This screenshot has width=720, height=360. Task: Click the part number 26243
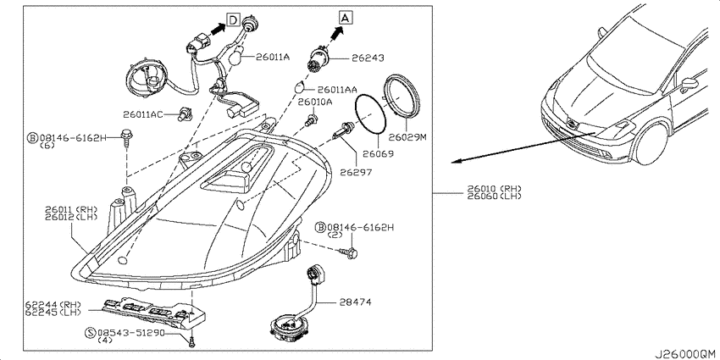368,58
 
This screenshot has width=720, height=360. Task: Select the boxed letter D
233,19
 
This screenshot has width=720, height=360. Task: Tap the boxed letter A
346,18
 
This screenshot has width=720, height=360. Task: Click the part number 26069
378,154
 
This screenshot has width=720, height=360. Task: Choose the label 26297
356,173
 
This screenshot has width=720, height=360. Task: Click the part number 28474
356,302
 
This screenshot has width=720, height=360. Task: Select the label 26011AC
143,114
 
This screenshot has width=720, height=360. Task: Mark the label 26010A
315,102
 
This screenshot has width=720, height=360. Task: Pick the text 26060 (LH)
495,196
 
